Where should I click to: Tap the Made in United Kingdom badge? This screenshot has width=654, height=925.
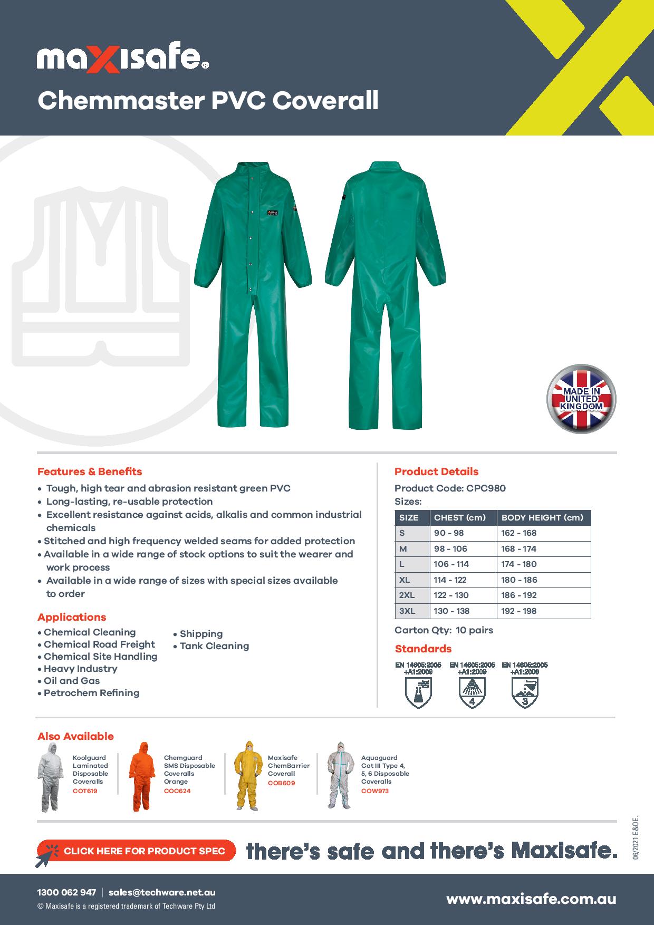582,399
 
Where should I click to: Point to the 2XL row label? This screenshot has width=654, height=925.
407,595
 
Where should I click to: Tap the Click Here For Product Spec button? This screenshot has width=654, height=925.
136,851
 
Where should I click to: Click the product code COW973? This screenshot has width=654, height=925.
375,791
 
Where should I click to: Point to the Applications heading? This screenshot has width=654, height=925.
72,617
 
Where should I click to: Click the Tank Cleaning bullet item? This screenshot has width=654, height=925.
214,646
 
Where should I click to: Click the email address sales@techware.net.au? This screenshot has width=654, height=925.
162,893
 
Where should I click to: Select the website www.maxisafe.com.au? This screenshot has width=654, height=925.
531,899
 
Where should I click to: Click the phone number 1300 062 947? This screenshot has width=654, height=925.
66,893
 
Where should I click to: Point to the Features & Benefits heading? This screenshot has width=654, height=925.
90,471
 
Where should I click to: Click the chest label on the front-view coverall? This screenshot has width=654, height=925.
271,213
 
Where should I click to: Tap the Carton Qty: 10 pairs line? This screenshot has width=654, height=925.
444,630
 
